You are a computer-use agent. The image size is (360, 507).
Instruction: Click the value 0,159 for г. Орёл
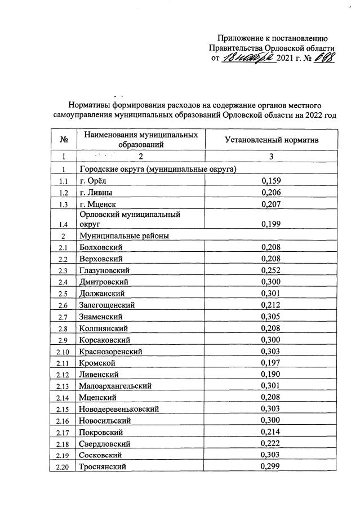[271, 181]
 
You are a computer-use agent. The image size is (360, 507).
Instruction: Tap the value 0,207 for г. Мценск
[271, 204]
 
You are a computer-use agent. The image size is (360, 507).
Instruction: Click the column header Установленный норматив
[272, 140]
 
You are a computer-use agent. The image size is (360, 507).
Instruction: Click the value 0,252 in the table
[271, 270]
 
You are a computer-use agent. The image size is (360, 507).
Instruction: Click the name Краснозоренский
[110, 351]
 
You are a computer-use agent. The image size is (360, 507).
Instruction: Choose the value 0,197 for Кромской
[271, 362]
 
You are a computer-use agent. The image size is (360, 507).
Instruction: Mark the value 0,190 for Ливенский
[271, 374]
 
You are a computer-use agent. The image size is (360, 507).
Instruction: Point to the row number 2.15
[64, 409]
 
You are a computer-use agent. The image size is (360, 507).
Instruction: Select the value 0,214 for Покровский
[271, 432]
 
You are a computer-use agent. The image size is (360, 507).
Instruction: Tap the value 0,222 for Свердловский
[271, 443]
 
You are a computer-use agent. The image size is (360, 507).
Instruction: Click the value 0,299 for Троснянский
[271, 466]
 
